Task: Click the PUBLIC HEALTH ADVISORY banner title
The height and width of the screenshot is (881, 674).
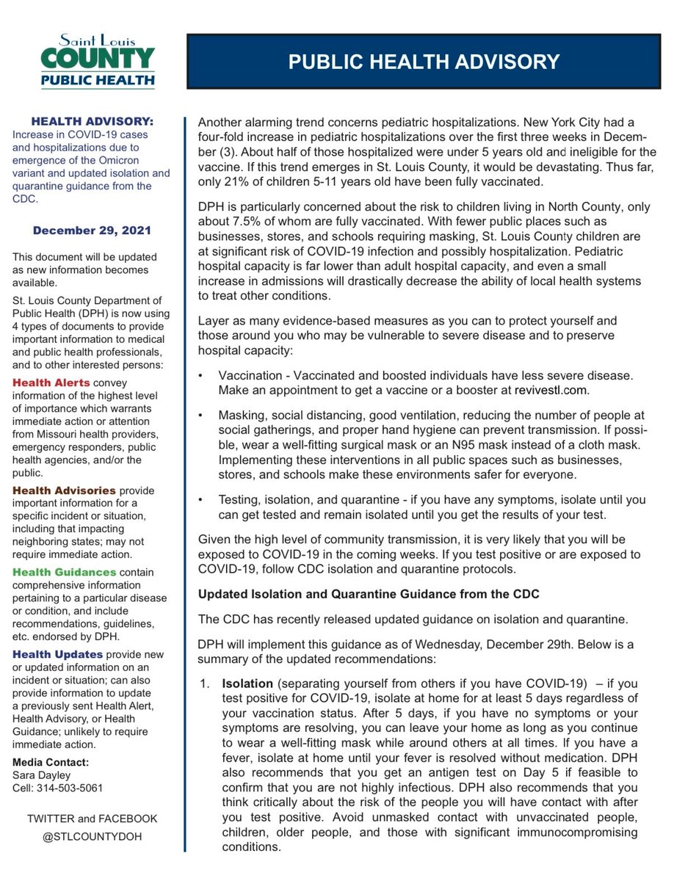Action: click(424, 62)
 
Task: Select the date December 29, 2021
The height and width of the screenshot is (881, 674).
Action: click(92, 231)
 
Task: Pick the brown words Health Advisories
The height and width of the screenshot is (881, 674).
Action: click(64, 490)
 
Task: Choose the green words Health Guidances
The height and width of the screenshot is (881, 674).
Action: click(64, 572)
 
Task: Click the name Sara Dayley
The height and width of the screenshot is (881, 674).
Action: click(42, 775)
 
